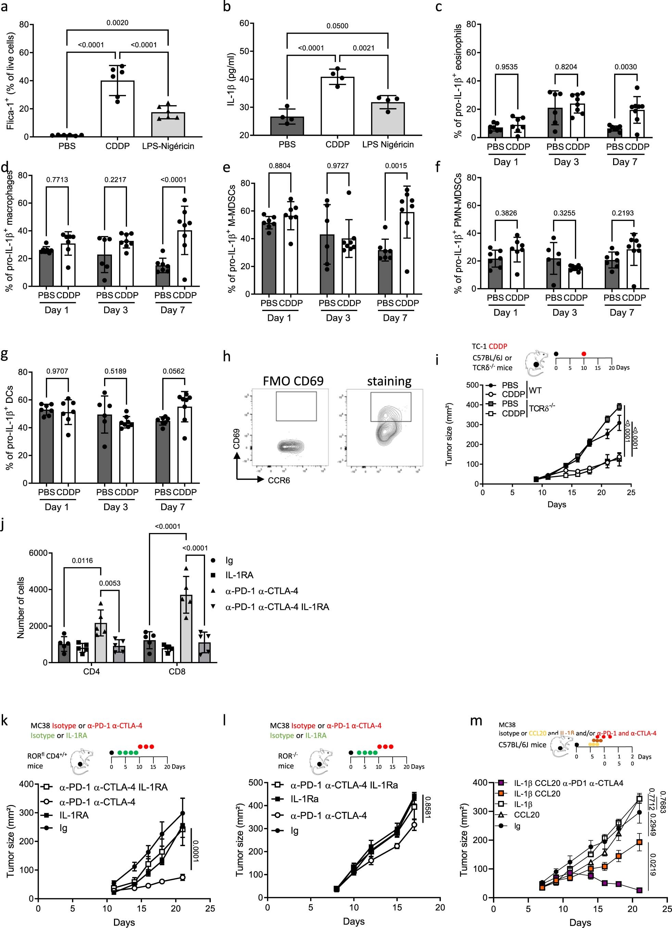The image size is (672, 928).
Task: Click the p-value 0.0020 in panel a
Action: click(x=117, y=23)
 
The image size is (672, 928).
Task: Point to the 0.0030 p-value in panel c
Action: click(x=626, y=67)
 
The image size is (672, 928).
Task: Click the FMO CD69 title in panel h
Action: click(x=293, y=381)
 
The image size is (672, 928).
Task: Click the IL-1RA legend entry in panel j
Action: click(x=239, y=575)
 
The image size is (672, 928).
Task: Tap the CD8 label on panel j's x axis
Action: click(x=177, y=671)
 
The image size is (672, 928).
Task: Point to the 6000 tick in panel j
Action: click(x=40, y=553)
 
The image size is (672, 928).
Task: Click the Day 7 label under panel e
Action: click(x=395, y=318)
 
